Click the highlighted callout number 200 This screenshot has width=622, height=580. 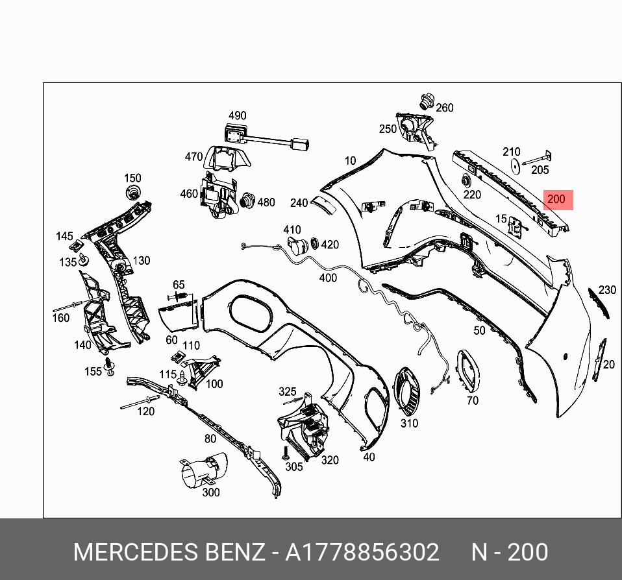pyautogui.click(x=556, y=199)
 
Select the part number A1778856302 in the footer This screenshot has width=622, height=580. pyautogui.click(x=362, y=552)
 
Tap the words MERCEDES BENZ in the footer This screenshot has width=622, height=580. pyautogui.click(x=169, y=552)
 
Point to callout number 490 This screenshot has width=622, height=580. pyautogui.click(x=237, y=115)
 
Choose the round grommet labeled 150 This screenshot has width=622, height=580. pyautogui.click(x=134, y=192)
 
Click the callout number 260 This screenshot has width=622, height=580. pyautogui.click(x=445, y=108)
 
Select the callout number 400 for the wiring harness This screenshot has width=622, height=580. pyautogui.click(x=329, y=278)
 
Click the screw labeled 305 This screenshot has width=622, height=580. pyautogui.click(x=285, y=453)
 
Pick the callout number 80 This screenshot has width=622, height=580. pyautogui.click(x=210, y=439)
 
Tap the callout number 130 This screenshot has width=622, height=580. pyautogui.click(x=141, y=261)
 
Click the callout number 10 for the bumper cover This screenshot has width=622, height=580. pyautogui.click(x=351, y=160)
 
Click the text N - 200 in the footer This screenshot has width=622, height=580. pyautogui.click(x=509, y=552)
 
